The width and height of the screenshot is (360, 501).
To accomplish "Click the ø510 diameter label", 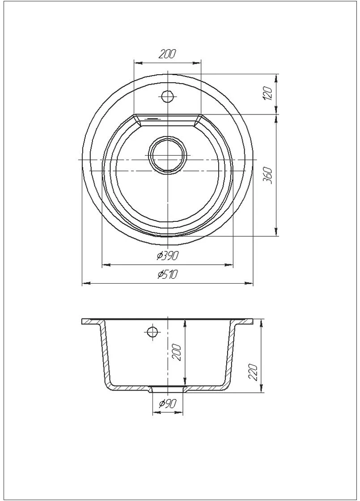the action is (x=167, y=274).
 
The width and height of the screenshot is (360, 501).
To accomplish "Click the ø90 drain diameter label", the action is (x=168, y=404).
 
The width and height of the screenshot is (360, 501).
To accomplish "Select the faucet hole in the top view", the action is (x=167, y=96).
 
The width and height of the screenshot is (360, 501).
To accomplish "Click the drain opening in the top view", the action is (x=167, y=155).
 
